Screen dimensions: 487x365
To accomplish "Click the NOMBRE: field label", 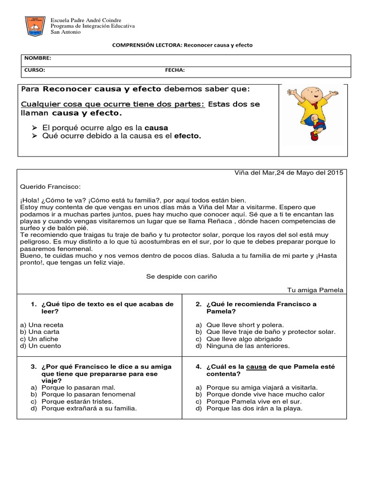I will point(38,58).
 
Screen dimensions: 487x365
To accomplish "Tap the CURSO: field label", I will point(35,70).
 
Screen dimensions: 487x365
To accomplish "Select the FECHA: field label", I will point(175,70).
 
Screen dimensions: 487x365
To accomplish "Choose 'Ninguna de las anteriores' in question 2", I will point(248,346).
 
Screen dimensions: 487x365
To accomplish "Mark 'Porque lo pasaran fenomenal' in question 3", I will point(88,394).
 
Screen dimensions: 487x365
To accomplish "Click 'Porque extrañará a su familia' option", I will point(89,408).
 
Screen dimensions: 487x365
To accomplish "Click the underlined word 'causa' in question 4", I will point(256,367).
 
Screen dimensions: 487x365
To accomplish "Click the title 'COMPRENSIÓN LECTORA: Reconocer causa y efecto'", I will point(182,45).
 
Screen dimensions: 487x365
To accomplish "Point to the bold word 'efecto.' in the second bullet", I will point(188,136).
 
